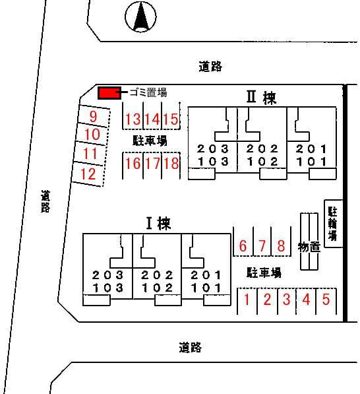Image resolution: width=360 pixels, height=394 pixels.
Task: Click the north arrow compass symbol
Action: click(140, 16)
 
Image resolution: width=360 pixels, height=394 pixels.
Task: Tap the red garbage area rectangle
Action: click(109, 93)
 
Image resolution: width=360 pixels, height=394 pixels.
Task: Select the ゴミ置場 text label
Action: click(148, 92)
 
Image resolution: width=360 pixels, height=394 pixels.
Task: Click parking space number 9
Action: click(93, 116)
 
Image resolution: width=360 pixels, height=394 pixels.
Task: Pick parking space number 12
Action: click(88, 174)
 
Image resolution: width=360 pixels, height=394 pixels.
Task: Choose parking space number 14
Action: click(152, 119)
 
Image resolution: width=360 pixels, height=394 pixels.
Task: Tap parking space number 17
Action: click(152, 163)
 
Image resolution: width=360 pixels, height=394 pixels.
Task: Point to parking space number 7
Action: click(262, 246)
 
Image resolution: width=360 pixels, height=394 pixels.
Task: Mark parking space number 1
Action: click(247, 299)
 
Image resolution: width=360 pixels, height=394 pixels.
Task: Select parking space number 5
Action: click(326, 299)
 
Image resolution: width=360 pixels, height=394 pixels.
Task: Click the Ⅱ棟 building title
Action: click(261, 97)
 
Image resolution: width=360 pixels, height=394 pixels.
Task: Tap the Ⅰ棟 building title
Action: click(159, 223)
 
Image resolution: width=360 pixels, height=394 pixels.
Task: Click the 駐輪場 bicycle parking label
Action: click(332, 224)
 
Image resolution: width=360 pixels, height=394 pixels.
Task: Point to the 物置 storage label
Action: click(309, 247)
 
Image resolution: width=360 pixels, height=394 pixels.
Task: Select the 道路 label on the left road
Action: click(45, 201)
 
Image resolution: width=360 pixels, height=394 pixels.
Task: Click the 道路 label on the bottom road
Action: click(191, 347)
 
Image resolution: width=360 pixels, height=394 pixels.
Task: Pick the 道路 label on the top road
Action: click(210, 67)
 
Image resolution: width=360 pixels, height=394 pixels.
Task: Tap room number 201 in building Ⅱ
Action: click(311, 149)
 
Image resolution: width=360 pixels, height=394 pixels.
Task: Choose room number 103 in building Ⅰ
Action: click(108, 288)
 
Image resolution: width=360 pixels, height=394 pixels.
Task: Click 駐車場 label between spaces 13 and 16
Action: click(150, 141)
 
